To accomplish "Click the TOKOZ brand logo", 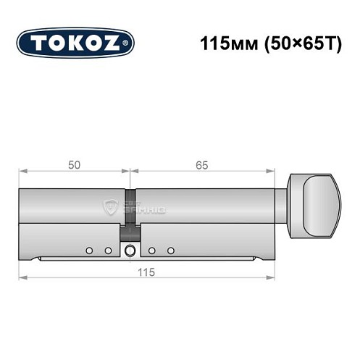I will [x=75, y=43].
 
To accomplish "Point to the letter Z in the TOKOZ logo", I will [x=112, y=43].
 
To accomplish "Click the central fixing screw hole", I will [x=130, y=251].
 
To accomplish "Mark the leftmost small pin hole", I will [x=89, y=251].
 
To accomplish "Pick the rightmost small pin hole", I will [x=171, y=251].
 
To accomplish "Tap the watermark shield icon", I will [x=112, y=208].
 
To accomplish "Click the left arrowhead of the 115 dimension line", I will [x=22, y=277].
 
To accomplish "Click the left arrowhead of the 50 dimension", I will [x=22, y=172].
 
